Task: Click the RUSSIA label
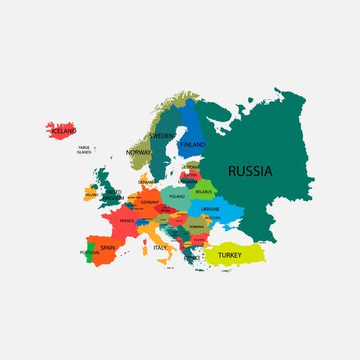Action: [250, 170]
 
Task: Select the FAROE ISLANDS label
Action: [84, 150]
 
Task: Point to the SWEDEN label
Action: [162, 137]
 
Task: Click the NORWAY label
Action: [138, 151]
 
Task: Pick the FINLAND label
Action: [193, 145]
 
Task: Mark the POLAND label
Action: [177, 196]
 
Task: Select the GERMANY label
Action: [150, 202]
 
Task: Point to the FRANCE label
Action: [126, 220]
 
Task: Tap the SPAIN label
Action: [109, 248]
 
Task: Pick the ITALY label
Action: [160, 248]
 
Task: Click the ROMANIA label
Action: [197, 227]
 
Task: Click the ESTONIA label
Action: [190, 166]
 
